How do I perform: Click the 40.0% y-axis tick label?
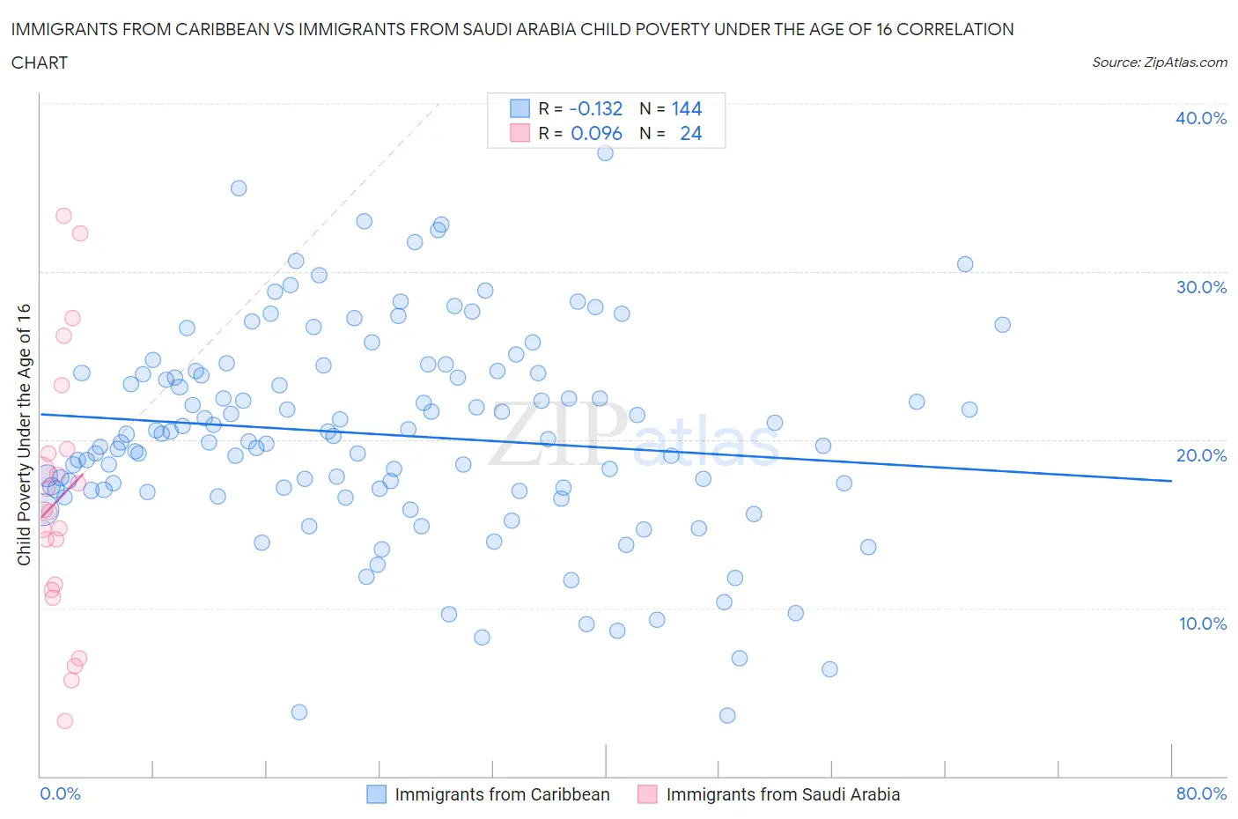pos(1200,118)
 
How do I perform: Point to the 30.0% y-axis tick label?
pos(1200,287)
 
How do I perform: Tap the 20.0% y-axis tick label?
pos(1200,455)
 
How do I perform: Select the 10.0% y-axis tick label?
pos(1202,623)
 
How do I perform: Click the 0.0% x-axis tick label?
pos(60,793)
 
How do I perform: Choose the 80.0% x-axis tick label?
pos(1201,793)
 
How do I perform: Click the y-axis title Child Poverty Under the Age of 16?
pos(24,434)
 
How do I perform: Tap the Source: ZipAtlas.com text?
pos(1159,63)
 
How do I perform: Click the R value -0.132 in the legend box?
pos(595,108)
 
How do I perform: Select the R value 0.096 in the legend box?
pos(596,133)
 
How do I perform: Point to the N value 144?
pos(686,108)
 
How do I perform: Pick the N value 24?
pos(690,133)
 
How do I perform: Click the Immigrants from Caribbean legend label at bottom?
pos(502,794)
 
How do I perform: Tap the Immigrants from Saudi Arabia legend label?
pos(783,794)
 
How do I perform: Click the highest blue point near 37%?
pos(605,152)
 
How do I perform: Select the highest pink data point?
pos(63,216)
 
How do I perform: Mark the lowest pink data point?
pos(64,721)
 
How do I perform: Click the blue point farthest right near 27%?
pos(1002,325)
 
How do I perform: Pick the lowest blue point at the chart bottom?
pos(727,715)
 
